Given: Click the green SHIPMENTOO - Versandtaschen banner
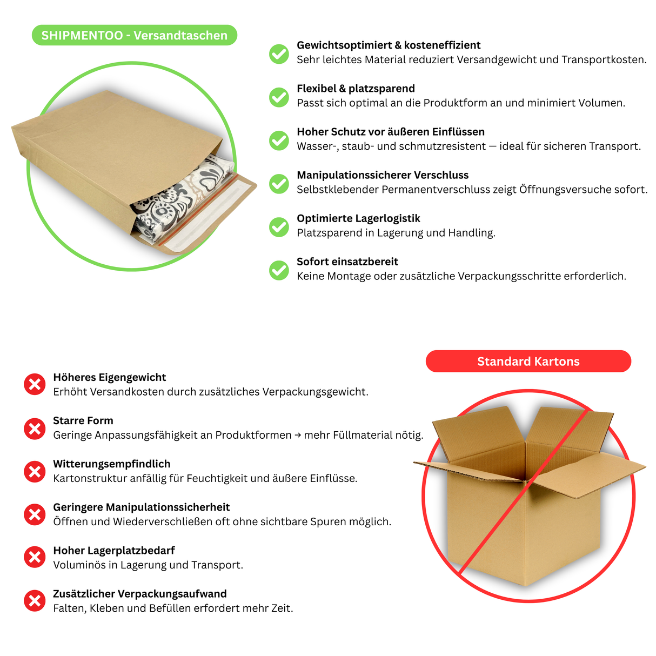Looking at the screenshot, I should click(135, 36).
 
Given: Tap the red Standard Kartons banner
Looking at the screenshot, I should click(528, 362).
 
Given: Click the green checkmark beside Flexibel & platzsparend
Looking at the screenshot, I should click(279, 97).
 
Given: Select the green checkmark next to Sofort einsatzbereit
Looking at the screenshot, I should click(279, 270).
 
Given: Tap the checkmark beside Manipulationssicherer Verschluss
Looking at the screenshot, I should click(279, 184).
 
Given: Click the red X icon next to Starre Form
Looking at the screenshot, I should click(35, 429).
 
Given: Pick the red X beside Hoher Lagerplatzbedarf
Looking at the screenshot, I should click(35, 558).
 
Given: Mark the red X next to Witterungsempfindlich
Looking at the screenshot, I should click(35, 472).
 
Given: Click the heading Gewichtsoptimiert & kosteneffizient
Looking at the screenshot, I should click(388, 45).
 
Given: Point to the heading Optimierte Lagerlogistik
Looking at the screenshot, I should click(358, 218).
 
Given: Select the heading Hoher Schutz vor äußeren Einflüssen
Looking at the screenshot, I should click(390, 132).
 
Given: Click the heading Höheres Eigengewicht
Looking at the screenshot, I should click(109, 378).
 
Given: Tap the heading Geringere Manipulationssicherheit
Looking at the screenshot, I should click(141, 507).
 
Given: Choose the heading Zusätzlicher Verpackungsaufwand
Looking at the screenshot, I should click(139, 594).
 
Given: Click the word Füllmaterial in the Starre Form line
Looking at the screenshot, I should click(363, 436).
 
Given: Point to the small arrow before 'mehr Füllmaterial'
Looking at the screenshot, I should click(298, 436).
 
